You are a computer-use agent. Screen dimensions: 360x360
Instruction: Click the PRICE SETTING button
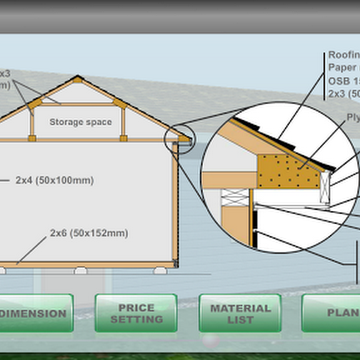coord(136,313)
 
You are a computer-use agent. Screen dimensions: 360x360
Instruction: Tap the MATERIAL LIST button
coord(240,313)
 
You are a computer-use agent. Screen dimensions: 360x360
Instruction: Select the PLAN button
coord(340,312)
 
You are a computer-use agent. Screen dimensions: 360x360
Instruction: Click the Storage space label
coord(80,122)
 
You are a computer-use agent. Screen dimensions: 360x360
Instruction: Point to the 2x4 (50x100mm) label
coord(54,180)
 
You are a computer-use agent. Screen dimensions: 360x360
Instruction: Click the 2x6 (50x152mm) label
coord(89,233)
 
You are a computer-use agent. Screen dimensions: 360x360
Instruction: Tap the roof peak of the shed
coord(78,78)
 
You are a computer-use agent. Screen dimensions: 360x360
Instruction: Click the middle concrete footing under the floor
coord(80,271)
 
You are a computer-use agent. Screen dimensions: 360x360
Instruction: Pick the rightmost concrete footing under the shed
coord(160,271)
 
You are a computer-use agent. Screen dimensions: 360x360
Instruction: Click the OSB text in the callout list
coord(338,80)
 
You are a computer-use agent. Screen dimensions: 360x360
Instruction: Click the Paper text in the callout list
coord(340,67)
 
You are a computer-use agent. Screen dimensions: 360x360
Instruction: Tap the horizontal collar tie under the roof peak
coord(78,104)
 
